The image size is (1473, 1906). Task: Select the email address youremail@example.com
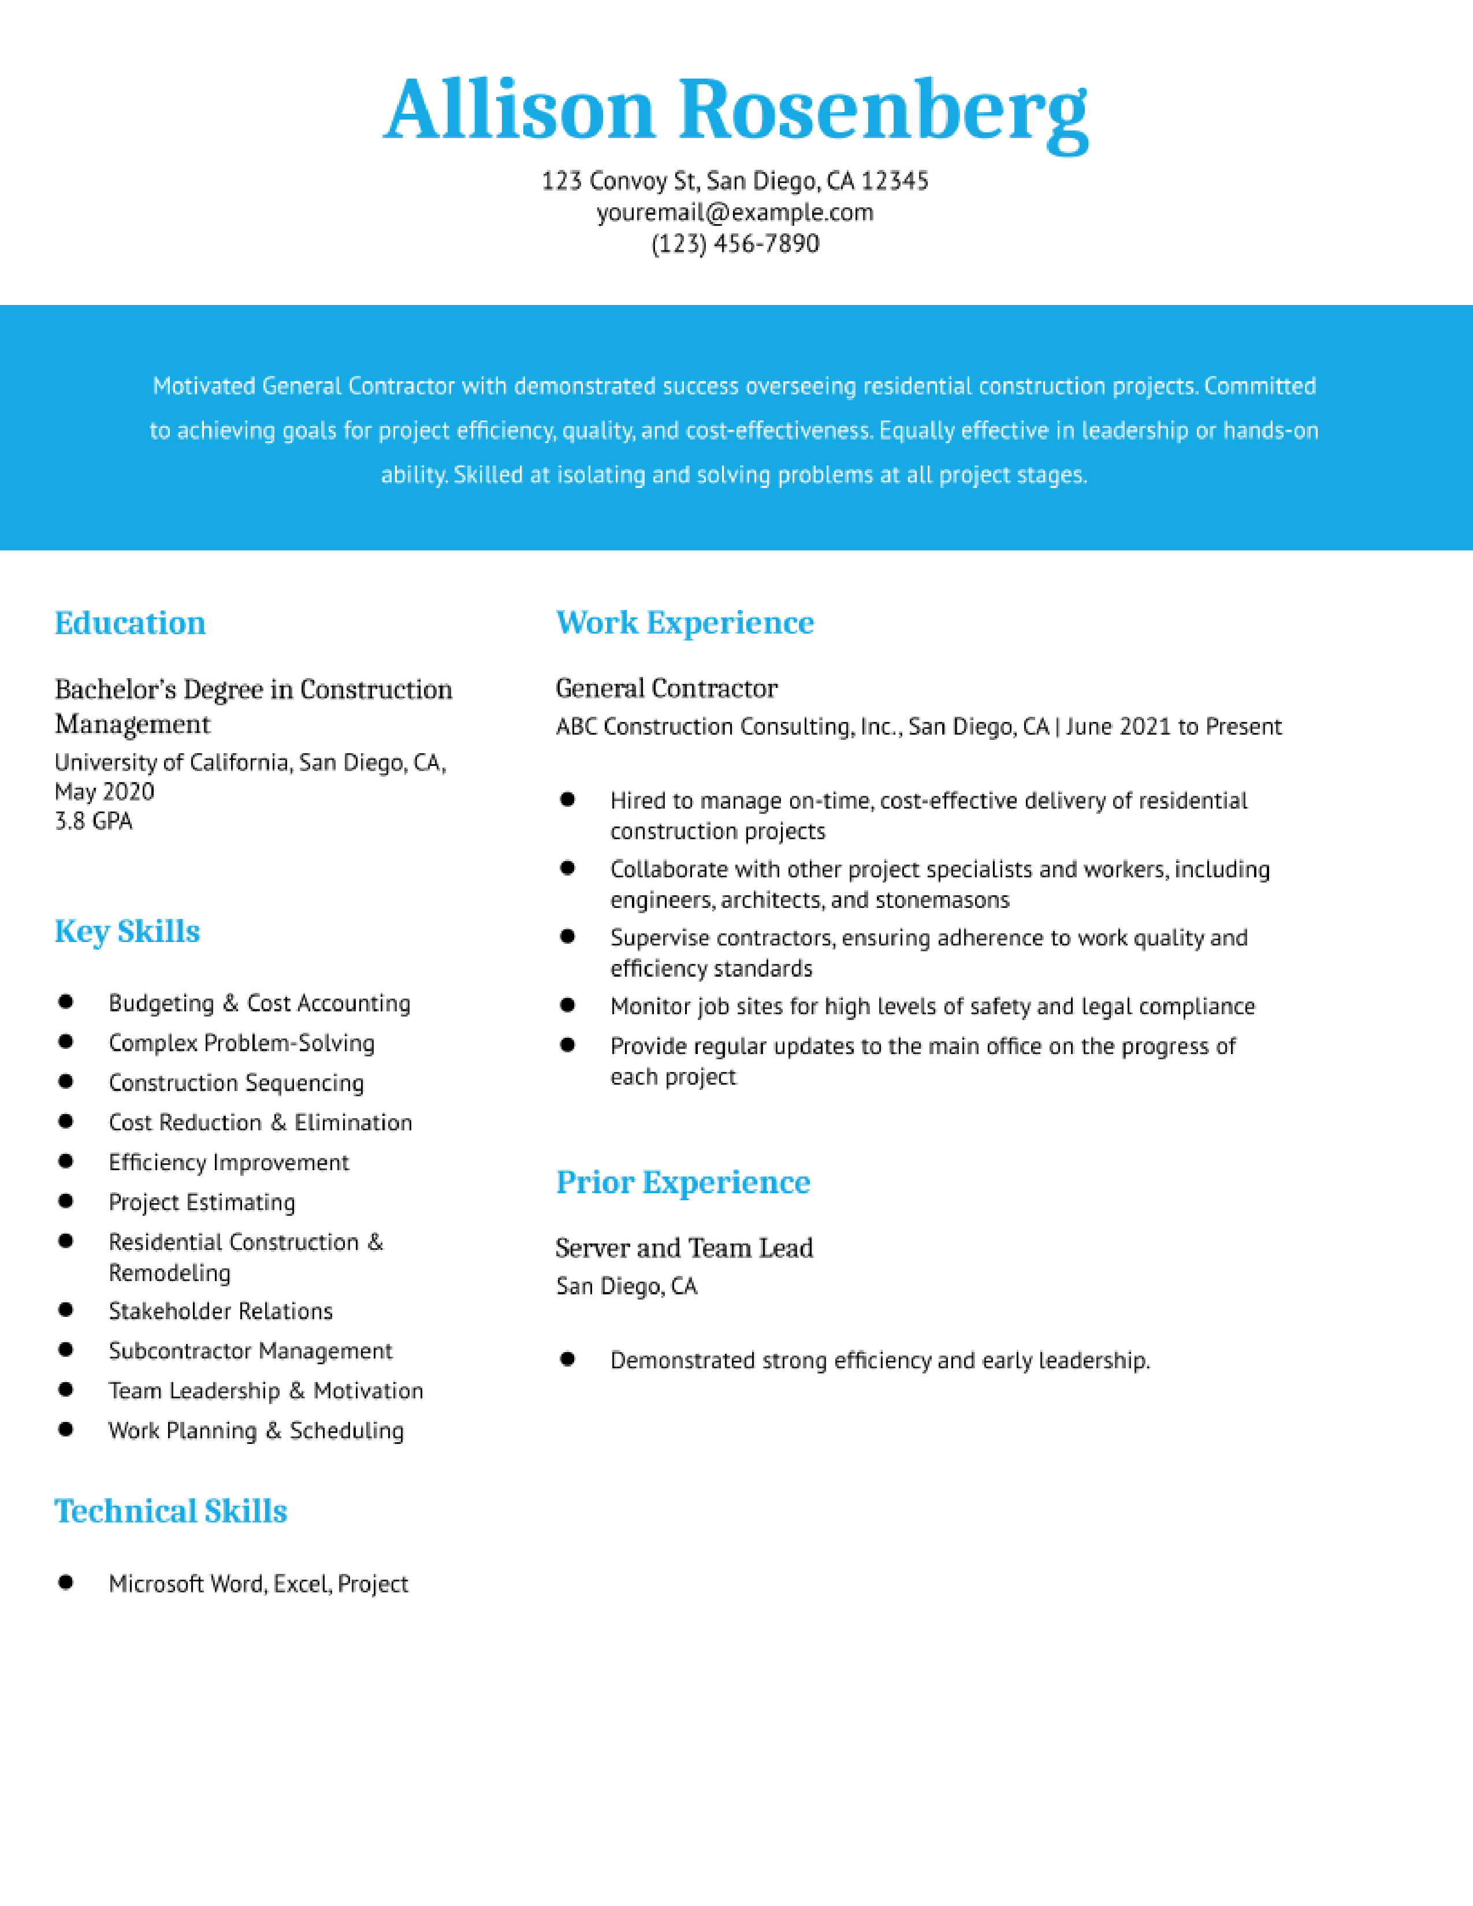click(x=735, y=212)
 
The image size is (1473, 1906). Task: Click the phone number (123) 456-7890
click(x=735, y=244)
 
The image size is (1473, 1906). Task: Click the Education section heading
click(x=130, y=623)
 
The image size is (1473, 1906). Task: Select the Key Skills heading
click(x=128, y=931)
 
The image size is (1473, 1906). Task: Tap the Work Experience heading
click(x=685, y=622)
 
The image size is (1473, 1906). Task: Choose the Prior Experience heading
click(x=683, y=1182)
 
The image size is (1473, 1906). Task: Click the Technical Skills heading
click(x=171, y=1511)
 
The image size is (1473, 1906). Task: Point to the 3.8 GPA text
click(x=94, y=821)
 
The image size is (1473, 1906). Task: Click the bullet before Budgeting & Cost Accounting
click(x=65, y=1002)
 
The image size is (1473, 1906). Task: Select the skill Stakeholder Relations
click(x=221, y=1311)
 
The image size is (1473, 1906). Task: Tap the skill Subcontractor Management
click(x=251, y=1351)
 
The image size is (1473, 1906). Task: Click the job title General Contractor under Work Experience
click(x=667, y=688)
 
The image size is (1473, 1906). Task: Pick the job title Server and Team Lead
click(x=684, y=1248)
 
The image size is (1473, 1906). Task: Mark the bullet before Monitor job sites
click(x=567, y=1006)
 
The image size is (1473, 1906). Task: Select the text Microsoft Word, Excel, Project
click(x=258, y=1584)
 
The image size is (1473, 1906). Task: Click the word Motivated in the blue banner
click(x=204, y=386)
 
